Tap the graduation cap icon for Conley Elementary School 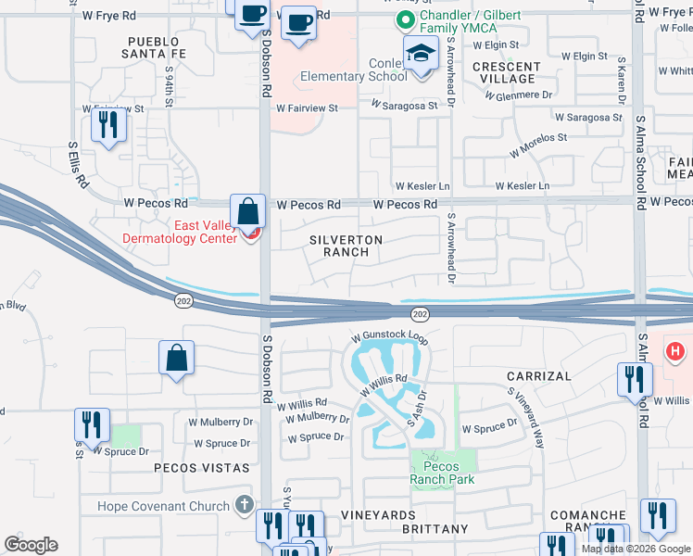[x=421, y=54]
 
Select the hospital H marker [x=676, y=351]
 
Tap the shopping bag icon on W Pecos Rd [x=248, y=212]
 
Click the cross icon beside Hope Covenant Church [x=244, y=505]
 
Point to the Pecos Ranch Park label [x=443, y=473]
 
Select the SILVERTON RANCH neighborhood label [x=346, y=246]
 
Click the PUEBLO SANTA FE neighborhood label [x=157, y=48]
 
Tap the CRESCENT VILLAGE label [x=506, y=72]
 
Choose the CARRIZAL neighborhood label [x=535, y=375]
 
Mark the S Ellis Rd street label [x=78, y=165]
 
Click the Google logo [x=31, y=545]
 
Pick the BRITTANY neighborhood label [x=435, y=528]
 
